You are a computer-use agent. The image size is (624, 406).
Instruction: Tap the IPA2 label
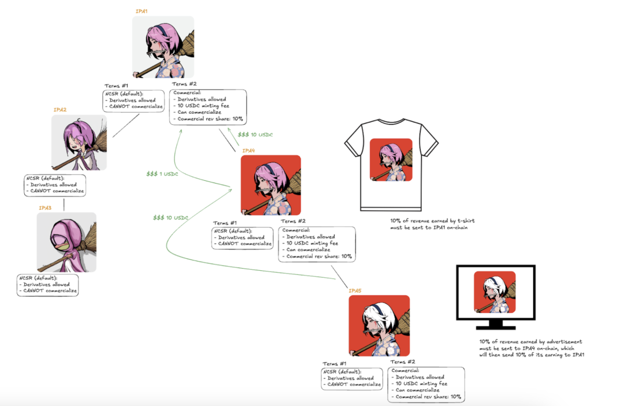pyautogui.click(x=60, y=110)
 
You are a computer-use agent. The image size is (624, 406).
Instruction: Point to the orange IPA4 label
pyautogui.click(x=248, y=151)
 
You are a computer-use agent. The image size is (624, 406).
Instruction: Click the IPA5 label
pyautogui.click(x=355, y=290)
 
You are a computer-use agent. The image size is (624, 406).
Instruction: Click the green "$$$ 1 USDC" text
pyautogui.click(x=161, y=173)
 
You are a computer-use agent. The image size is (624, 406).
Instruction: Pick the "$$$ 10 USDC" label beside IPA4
pyautogui.click(x=255, y=135)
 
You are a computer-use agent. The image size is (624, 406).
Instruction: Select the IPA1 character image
pyautogui.click(x=163, y=47)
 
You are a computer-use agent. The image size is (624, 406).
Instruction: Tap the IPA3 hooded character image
pyautogui.click(x=66, y=243)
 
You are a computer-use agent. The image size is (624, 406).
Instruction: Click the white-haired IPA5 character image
pyautogui.click(x=379, y=326)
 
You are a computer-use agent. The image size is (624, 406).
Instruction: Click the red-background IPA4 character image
pyautogui.click(x=270, y=185)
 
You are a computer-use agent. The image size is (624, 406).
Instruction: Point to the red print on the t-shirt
pyautogui.click(x=391, y=160)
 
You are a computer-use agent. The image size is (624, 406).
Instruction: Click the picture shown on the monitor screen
pyautogui.click(x=494, y=293)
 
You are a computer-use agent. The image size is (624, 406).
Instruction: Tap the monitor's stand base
pyautogui.click(x=495, y=327)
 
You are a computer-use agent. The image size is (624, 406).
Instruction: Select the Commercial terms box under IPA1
pyautogui.click(x=208, y=106)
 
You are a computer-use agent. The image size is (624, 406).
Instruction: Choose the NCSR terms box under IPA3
pyautogui.click(x=47, y=285)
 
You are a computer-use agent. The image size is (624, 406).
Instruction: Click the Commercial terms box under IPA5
pyautogui.click(x=426, y=384)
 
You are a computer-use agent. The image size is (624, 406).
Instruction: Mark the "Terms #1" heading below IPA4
pyautogui.click(x=225, y=223)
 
